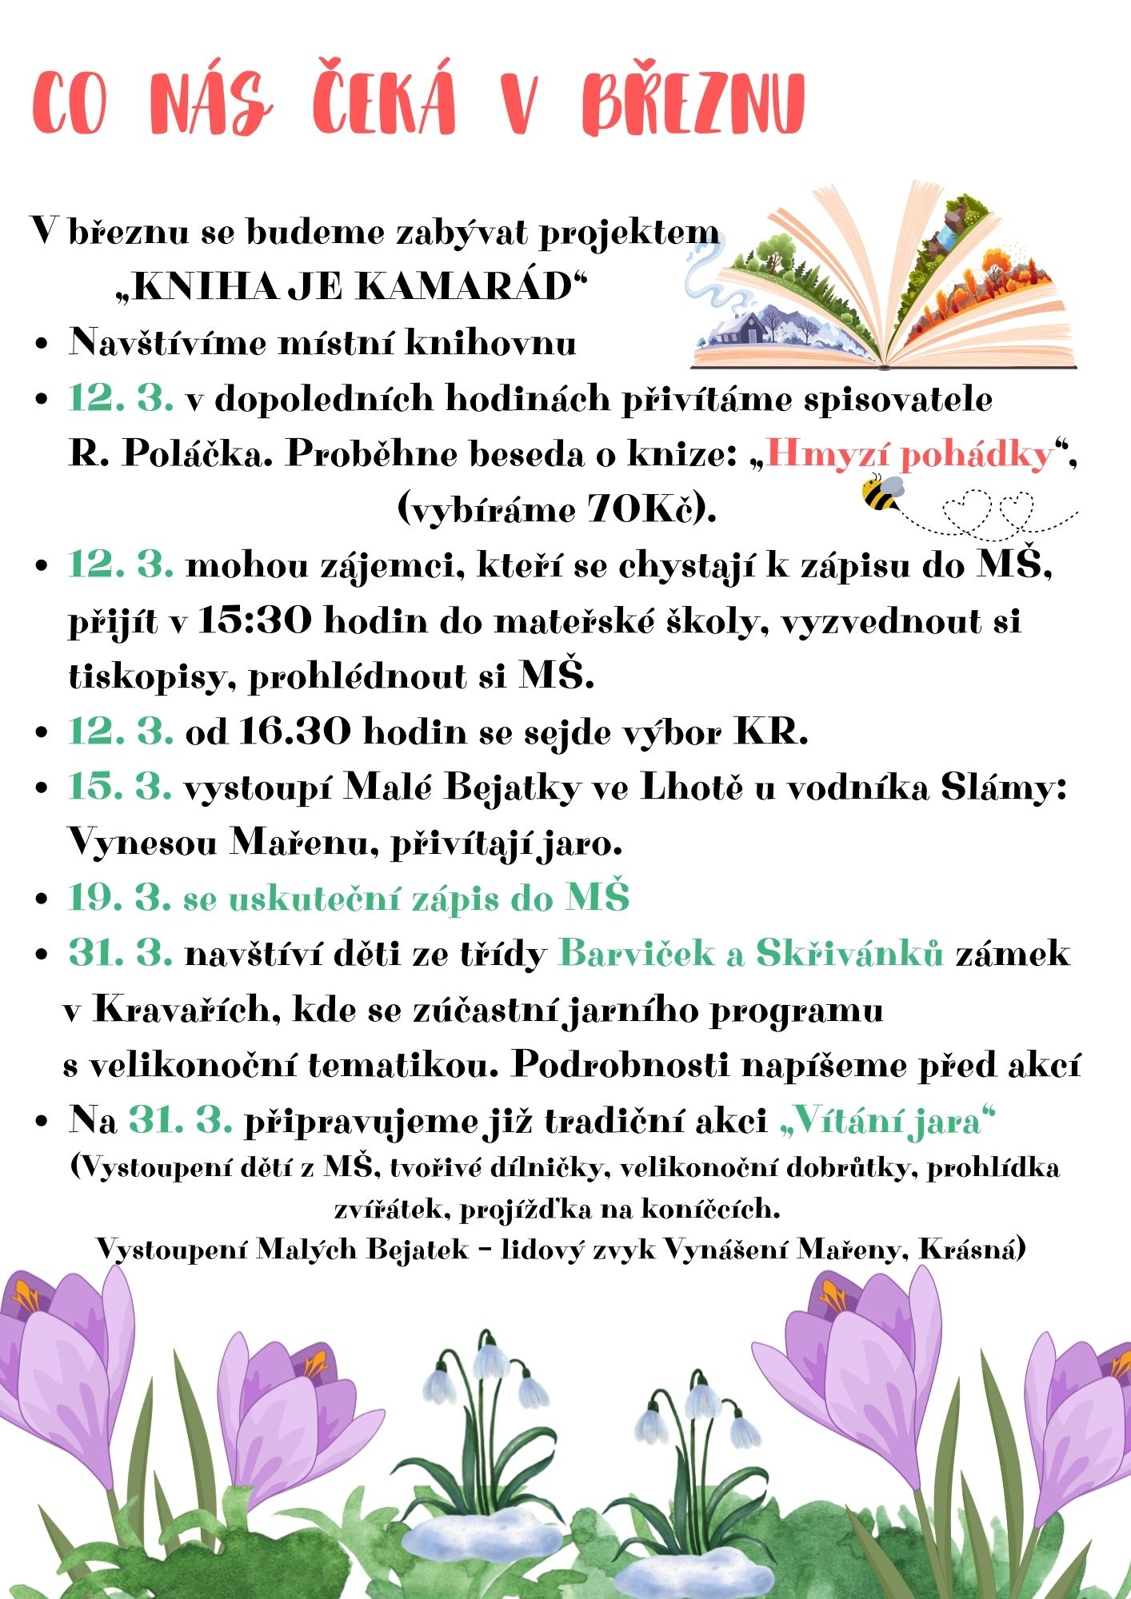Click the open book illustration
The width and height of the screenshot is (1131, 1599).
[880, 280]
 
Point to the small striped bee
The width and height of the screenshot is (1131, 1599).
[881, 492]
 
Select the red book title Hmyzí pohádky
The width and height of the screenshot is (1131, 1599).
[909, 454]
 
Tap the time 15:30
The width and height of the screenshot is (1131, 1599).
[254, 620]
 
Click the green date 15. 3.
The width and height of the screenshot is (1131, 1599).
[120, 787]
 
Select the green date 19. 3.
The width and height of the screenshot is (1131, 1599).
[120, 898]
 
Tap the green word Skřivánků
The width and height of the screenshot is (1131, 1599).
[849, 953]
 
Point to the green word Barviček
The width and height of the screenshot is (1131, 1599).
[636, 953]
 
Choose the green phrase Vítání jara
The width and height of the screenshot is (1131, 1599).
[888, 1121]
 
